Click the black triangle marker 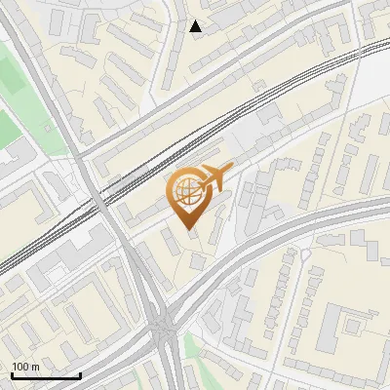tap(196, 26)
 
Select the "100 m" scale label tap(25, 366)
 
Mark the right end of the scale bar tap(80, 375)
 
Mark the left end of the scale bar tap(12, 375)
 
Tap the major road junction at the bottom tap(164, 331)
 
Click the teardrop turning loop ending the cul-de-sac tap(304, 255)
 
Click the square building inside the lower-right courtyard tap(348, 322)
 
